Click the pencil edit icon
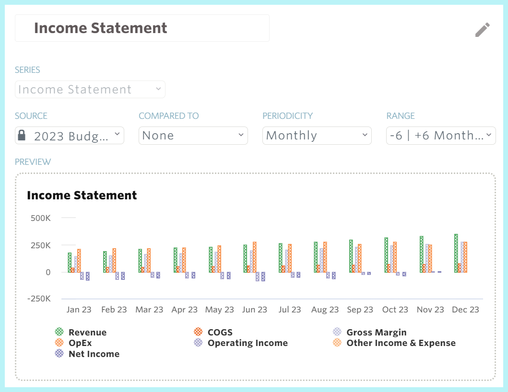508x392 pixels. coord(483,30)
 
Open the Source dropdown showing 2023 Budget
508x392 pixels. coord(70,136)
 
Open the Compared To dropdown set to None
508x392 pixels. coord(193,136)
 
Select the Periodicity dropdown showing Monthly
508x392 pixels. coord(317,136)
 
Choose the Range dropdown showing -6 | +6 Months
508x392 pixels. coord(440,136)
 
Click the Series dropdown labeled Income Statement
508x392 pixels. coord(90,90)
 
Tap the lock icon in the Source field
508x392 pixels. coord(22,136)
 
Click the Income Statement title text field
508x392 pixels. coord(142,28)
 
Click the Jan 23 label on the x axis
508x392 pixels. coord(79,310)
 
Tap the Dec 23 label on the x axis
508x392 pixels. coord(465,310)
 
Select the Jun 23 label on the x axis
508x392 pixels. coord(255,310)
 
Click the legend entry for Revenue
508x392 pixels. coord(87,333)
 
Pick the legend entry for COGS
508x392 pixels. coord(220,333)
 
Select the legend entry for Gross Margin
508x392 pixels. coord(376,333)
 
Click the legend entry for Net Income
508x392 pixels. coord(94,354)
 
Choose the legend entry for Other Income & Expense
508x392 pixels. coord(401,343)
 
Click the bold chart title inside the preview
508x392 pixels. coord(82,196)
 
